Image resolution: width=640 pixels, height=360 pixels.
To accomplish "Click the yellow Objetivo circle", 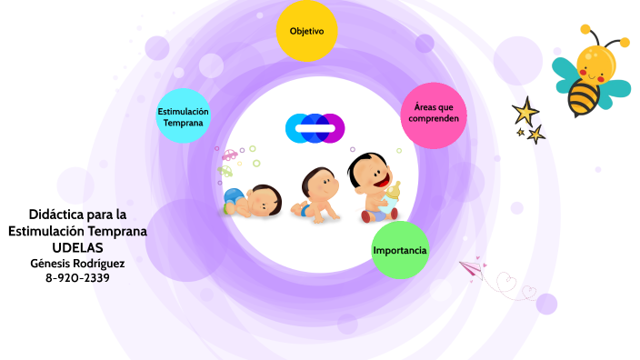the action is pyautogui.click(x=306, y=32).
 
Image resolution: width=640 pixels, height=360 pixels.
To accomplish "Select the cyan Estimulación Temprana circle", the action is pyautogui.click(x=184, y=116).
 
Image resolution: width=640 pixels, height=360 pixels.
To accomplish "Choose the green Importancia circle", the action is pyautogui.click(x=400, y=250).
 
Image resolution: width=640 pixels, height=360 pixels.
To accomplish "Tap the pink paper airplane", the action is pyautogui.click(x=470, y=266).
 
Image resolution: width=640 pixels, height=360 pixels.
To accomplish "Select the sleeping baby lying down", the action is pyautogui.click(x=254, y=199).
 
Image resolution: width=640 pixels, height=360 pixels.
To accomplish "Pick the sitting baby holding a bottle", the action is pyautogui.click(x=373, y=186).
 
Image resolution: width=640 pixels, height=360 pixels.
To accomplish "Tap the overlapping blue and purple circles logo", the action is pyautogui.click(x=315, y=128).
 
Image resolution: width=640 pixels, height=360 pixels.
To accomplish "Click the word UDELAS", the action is pyautogui.click(x=77, y=248).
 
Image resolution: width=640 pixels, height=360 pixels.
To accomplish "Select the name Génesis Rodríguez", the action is pyautogui.click(x=77, y=264).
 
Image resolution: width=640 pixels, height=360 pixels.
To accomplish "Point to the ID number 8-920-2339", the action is pyautogui.click(x=77, y=278).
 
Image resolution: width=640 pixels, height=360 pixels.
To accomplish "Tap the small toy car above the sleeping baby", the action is pyautogui.click(x=230, y=155).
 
